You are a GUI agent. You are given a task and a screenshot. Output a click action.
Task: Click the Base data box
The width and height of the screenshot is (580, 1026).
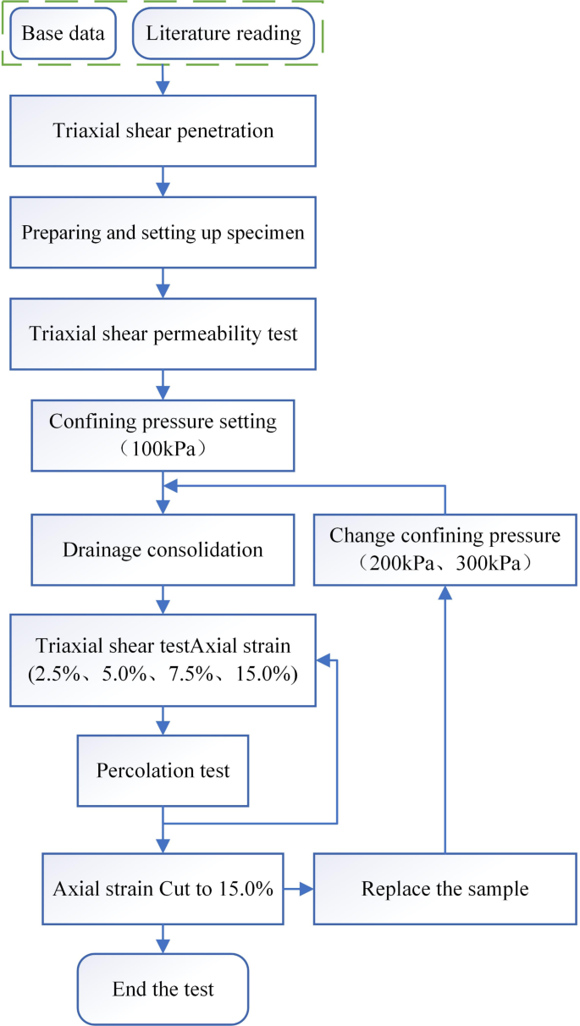point(62,35)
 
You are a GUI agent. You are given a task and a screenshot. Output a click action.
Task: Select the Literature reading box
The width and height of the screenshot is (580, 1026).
point(224,35)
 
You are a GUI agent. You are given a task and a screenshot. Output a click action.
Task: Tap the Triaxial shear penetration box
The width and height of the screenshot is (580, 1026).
point(163,130)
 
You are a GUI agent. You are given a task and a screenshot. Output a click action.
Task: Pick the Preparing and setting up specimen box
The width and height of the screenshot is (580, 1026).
point(163,232)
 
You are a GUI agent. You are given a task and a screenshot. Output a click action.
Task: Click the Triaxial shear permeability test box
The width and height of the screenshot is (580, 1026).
point(163,334)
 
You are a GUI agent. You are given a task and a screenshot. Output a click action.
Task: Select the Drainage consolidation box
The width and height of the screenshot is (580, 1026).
point(163,549)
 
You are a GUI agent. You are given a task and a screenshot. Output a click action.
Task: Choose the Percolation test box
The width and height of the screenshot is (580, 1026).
point(163,770)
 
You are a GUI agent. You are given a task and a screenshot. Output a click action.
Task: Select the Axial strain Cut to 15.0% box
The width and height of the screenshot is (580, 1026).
point(163,890)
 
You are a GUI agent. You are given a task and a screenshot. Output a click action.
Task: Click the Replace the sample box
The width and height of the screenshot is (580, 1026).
point(445,890)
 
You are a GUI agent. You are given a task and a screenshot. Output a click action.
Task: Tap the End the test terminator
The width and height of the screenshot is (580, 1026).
point(163,989)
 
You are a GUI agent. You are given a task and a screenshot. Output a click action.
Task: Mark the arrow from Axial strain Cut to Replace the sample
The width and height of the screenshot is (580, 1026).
point(298,890)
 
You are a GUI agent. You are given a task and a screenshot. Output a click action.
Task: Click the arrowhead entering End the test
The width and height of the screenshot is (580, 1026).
point(163,947)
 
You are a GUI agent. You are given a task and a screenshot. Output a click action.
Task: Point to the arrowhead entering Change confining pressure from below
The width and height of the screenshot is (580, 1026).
point(445,592)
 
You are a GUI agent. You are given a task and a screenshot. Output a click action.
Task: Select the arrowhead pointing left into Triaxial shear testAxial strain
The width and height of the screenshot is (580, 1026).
point(322,660)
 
